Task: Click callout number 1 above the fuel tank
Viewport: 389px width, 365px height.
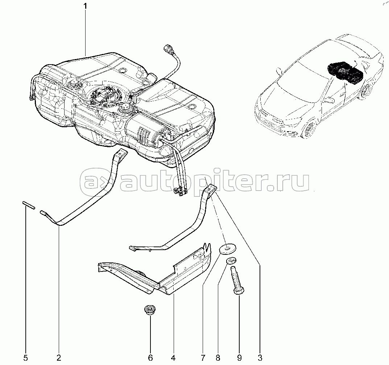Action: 85,6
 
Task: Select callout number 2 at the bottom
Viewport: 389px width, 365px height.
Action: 59,358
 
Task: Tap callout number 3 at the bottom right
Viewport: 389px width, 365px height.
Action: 260,358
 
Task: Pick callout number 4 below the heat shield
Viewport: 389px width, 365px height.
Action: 173,358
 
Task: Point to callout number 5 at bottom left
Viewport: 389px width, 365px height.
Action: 25,358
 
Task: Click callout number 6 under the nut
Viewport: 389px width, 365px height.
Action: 150,358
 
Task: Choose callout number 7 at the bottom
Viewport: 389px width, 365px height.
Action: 203,358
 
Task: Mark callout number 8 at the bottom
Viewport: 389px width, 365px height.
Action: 218,358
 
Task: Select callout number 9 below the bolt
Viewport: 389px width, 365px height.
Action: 239,358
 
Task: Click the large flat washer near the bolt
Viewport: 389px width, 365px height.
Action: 228,248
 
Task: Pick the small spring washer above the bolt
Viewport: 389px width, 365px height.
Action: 231,261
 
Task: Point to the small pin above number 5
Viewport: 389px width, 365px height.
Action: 29,205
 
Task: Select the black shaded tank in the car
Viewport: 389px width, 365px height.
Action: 346,72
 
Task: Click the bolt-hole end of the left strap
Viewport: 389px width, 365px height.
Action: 121,154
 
